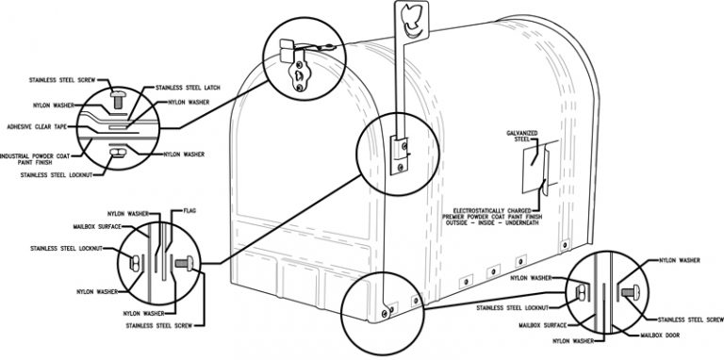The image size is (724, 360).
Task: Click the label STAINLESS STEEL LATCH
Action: (x=188, y=88)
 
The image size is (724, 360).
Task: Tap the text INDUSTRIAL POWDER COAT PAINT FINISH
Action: (x=35, y=159)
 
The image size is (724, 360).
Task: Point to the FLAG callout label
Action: (x=189, y=211)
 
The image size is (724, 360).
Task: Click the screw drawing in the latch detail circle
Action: (x=118, y=99)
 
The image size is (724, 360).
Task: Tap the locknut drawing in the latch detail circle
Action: (x=118, y=153)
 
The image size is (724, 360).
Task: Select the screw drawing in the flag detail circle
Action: (x=184, y=264)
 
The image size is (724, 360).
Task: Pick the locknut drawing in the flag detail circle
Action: (x=136, y=263)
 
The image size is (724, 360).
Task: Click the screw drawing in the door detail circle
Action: (x=630, y=292)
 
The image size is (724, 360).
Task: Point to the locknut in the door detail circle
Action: (x=581, y=292)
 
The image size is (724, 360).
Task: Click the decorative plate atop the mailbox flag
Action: (x=411, y=20)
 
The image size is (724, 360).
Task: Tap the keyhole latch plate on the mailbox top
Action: (x=298, y=74)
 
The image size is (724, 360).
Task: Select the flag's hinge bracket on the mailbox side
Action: (x=399, y=155)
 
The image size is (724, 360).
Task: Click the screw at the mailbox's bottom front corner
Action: (x=385, y=314)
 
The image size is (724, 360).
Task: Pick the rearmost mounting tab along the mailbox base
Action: (x=565, y=245)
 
